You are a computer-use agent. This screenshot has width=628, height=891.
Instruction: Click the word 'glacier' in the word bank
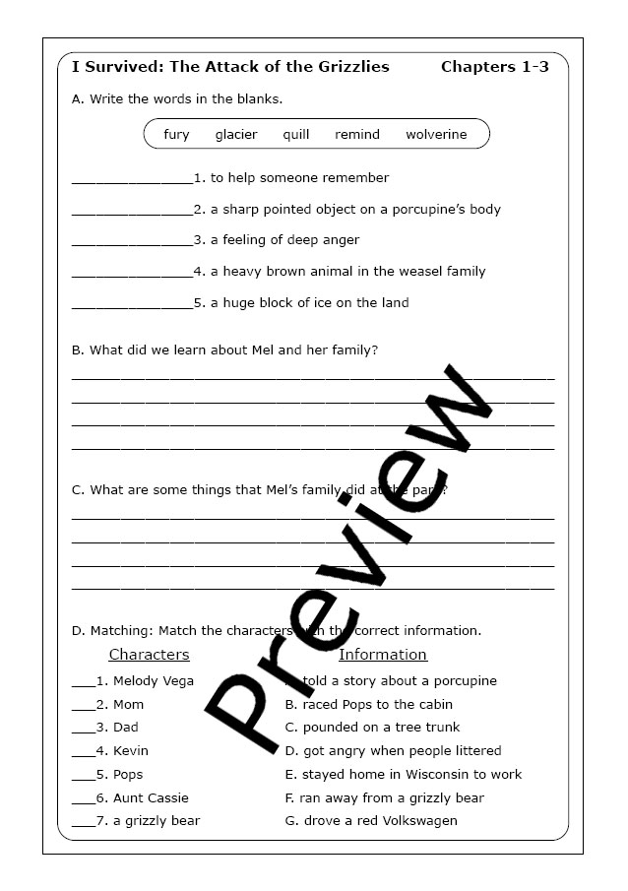[x=236, y=135]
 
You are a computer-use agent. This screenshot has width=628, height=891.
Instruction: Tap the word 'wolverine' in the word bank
[x=436, y=135]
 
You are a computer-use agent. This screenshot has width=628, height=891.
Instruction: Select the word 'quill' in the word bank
[x=296, y=135]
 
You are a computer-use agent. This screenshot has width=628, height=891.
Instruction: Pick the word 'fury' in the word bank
[x=177, y=135]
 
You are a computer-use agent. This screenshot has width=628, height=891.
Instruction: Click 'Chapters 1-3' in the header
[x=494, y=67]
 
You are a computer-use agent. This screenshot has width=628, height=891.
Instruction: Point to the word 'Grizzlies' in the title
[x=347, y=67]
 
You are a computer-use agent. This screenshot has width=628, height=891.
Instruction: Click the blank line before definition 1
[x=132, y=180]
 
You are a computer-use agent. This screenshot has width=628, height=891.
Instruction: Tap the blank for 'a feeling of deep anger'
[x=132, y=242]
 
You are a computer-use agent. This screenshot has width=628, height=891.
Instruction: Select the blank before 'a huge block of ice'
[x=132, y=305]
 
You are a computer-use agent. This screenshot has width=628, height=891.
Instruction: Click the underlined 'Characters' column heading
[x=149, y=655]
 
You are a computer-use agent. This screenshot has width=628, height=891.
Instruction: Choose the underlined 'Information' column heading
[x=383, y=655]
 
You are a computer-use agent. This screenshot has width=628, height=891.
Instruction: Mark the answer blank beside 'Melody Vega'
[x=83, y=682]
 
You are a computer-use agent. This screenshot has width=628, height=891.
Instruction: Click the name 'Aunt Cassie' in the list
[x=151, y=797]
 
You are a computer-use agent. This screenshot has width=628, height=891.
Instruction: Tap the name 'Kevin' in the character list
[x=131, y=751]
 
